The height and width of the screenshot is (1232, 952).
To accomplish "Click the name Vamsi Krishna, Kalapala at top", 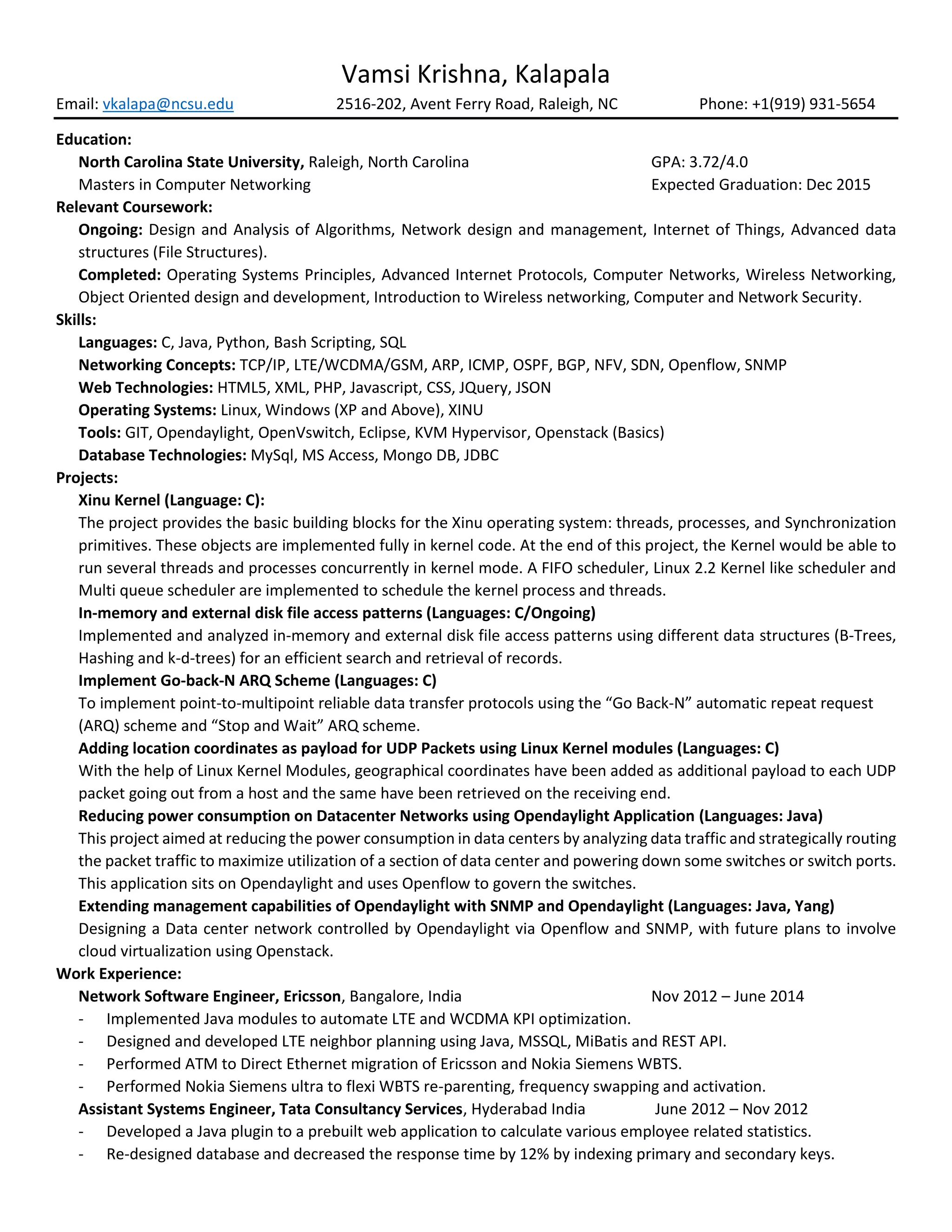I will click(x=476, y=74).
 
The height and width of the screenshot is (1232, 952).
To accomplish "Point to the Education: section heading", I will click(x=93, y=140).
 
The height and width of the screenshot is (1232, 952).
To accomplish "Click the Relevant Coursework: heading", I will click(x=134, y=208).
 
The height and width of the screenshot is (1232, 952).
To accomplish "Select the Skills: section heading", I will click(x=76, y=320).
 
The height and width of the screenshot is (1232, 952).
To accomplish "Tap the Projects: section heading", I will click(x=87, y=478).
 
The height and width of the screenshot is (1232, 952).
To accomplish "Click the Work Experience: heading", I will click(x=119, y=974).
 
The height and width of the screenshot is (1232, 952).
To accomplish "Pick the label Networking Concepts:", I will click(x=157, y=365).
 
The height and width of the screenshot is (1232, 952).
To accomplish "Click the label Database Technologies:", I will click(x=162, y=456).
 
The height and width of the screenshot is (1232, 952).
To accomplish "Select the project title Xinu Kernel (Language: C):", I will click(x=172, y=501).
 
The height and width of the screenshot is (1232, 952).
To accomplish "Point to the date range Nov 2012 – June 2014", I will click(x=727, y=997).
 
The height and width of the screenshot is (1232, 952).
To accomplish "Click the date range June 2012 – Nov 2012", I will click(x=731, y=1110).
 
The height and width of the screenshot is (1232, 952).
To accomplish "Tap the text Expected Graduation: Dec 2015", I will click(x=760, y=185).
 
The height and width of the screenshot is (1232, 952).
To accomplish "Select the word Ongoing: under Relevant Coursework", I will click(x=111, y=230).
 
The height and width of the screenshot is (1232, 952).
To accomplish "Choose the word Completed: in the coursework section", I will click(x=119, y=275).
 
